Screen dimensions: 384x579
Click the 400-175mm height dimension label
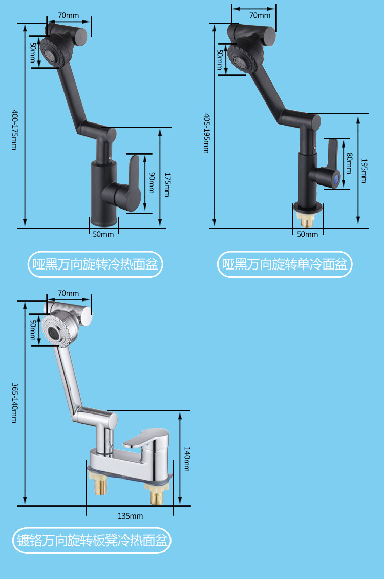click(x=14, y=130)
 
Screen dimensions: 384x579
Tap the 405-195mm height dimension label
click(x=206, y=133)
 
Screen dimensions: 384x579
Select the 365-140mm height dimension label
click(x=14, y=403)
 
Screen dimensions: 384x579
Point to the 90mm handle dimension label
click(x=152, y=182)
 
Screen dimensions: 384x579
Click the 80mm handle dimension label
click(x=349, y=163)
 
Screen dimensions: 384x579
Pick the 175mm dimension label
click(x=167, y=184)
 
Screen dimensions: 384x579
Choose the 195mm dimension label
click(x=364, y=171)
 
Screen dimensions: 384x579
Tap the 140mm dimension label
click(x=187, y=459)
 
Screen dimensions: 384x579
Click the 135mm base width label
click(x=130, y=516)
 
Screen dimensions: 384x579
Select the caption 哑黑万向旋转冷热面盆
click(x=95, y=264)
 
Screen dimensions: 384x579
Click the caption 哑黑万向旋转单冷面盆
click(x=285, y=264)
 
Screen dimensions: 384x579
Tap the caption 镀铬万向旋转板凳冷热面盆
click(x=92, y=540)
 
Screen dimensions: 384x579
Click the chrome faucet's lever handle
click(x=146, y=438)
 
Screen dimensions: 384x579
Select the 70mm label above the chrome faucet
click(x=68, y=293)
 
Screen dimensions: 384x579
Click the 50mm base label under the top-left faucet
click(x=103, y=234)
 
